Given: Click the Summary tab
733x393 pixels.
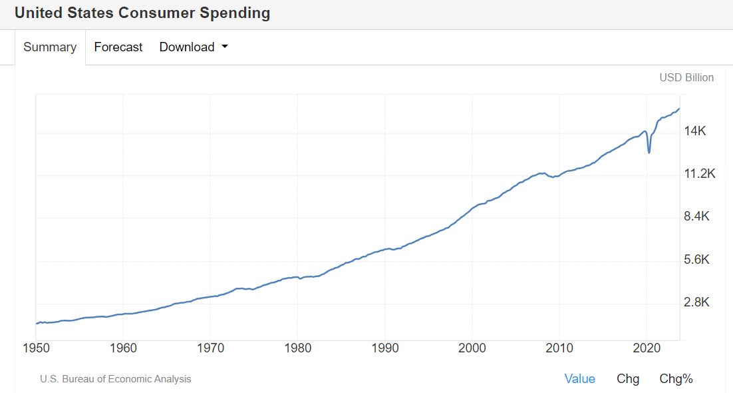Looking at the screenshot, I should coord(50,47).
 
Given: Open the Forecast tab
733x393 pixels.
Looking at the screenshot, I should coord(118,47).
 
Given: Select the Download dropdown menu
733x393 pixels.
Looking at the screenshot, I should coord(187,47).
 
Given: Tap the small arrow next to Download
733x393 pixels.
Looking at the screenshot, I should coord(224,47).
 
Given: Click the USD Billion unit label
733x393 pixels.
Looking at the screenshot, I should coord(686,77).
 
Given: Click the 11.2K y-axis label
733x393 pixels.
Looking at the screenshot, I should coord(698,174).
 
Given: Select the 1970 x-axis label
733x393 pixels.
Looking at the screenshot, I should coord(210,348).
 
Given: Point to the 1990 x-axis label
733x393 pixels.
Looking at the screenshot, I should coord(385,348).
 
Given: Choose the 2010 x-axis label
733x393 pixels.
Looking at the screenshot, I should coord(559,348).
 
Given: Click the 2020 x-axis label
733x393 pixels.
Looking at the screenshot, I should coord(647,348).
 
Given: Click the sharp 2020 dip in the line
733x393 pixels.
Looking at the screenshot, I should coord(649,153).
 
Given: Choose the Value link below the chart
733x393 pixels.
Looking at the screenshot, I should coord(579,379).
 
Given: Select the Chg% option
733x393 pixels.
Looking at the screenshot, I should coord(676,379).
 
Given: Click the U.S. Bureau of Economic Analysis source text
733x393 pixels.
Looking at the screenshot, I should coord(116,379).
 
